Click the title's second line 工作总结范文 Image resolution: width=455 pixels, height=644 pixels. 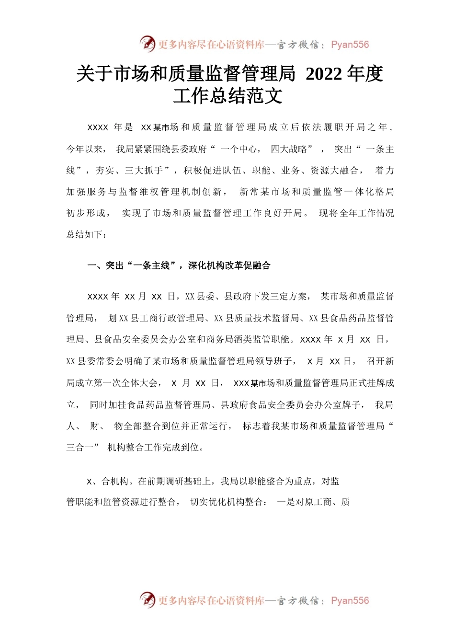click(x=227, y=96)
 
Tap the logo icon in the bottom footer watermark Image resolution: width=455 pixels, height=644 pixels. click(x=148, y=600)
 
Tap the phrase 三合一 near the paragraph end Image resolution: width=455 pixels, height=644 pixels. click(x=80, y=448)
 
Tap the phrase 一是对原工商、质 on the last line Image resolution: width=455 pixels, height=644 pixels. click(x=313, y=502)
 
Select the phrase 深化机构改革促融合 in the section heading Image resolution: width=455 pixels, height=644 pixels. click(x=229, y=265)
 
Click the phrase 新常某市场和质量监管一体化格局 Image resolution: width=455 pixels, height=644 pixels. click(x=316, y=192)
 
